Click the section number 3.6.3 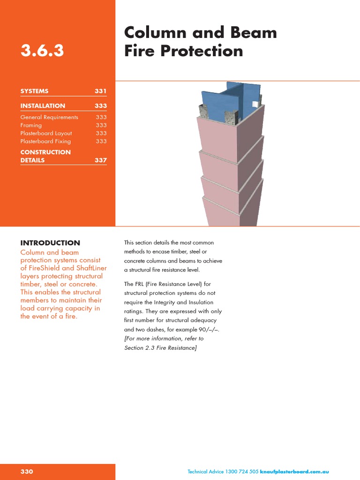pos(42,51)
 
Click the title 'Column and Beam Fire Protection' pos(200,42)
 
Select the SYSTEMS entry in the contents pos(34,91)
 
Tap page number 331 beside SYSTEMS pos(100,91)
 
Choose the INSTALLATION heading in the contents pos(43,106)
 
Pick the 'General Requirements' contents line pos(49,117)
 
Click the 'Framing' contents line pos(31,125)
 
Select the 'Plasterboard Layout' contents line pos(46,133)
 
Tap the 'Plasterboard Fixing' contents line pos(45,141)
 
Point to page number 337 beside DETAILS pos(100,160)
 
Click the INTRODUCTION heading pos(50,243)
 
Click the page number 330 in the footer pos(27,472)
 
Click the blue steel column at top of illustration pos(230,101)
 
